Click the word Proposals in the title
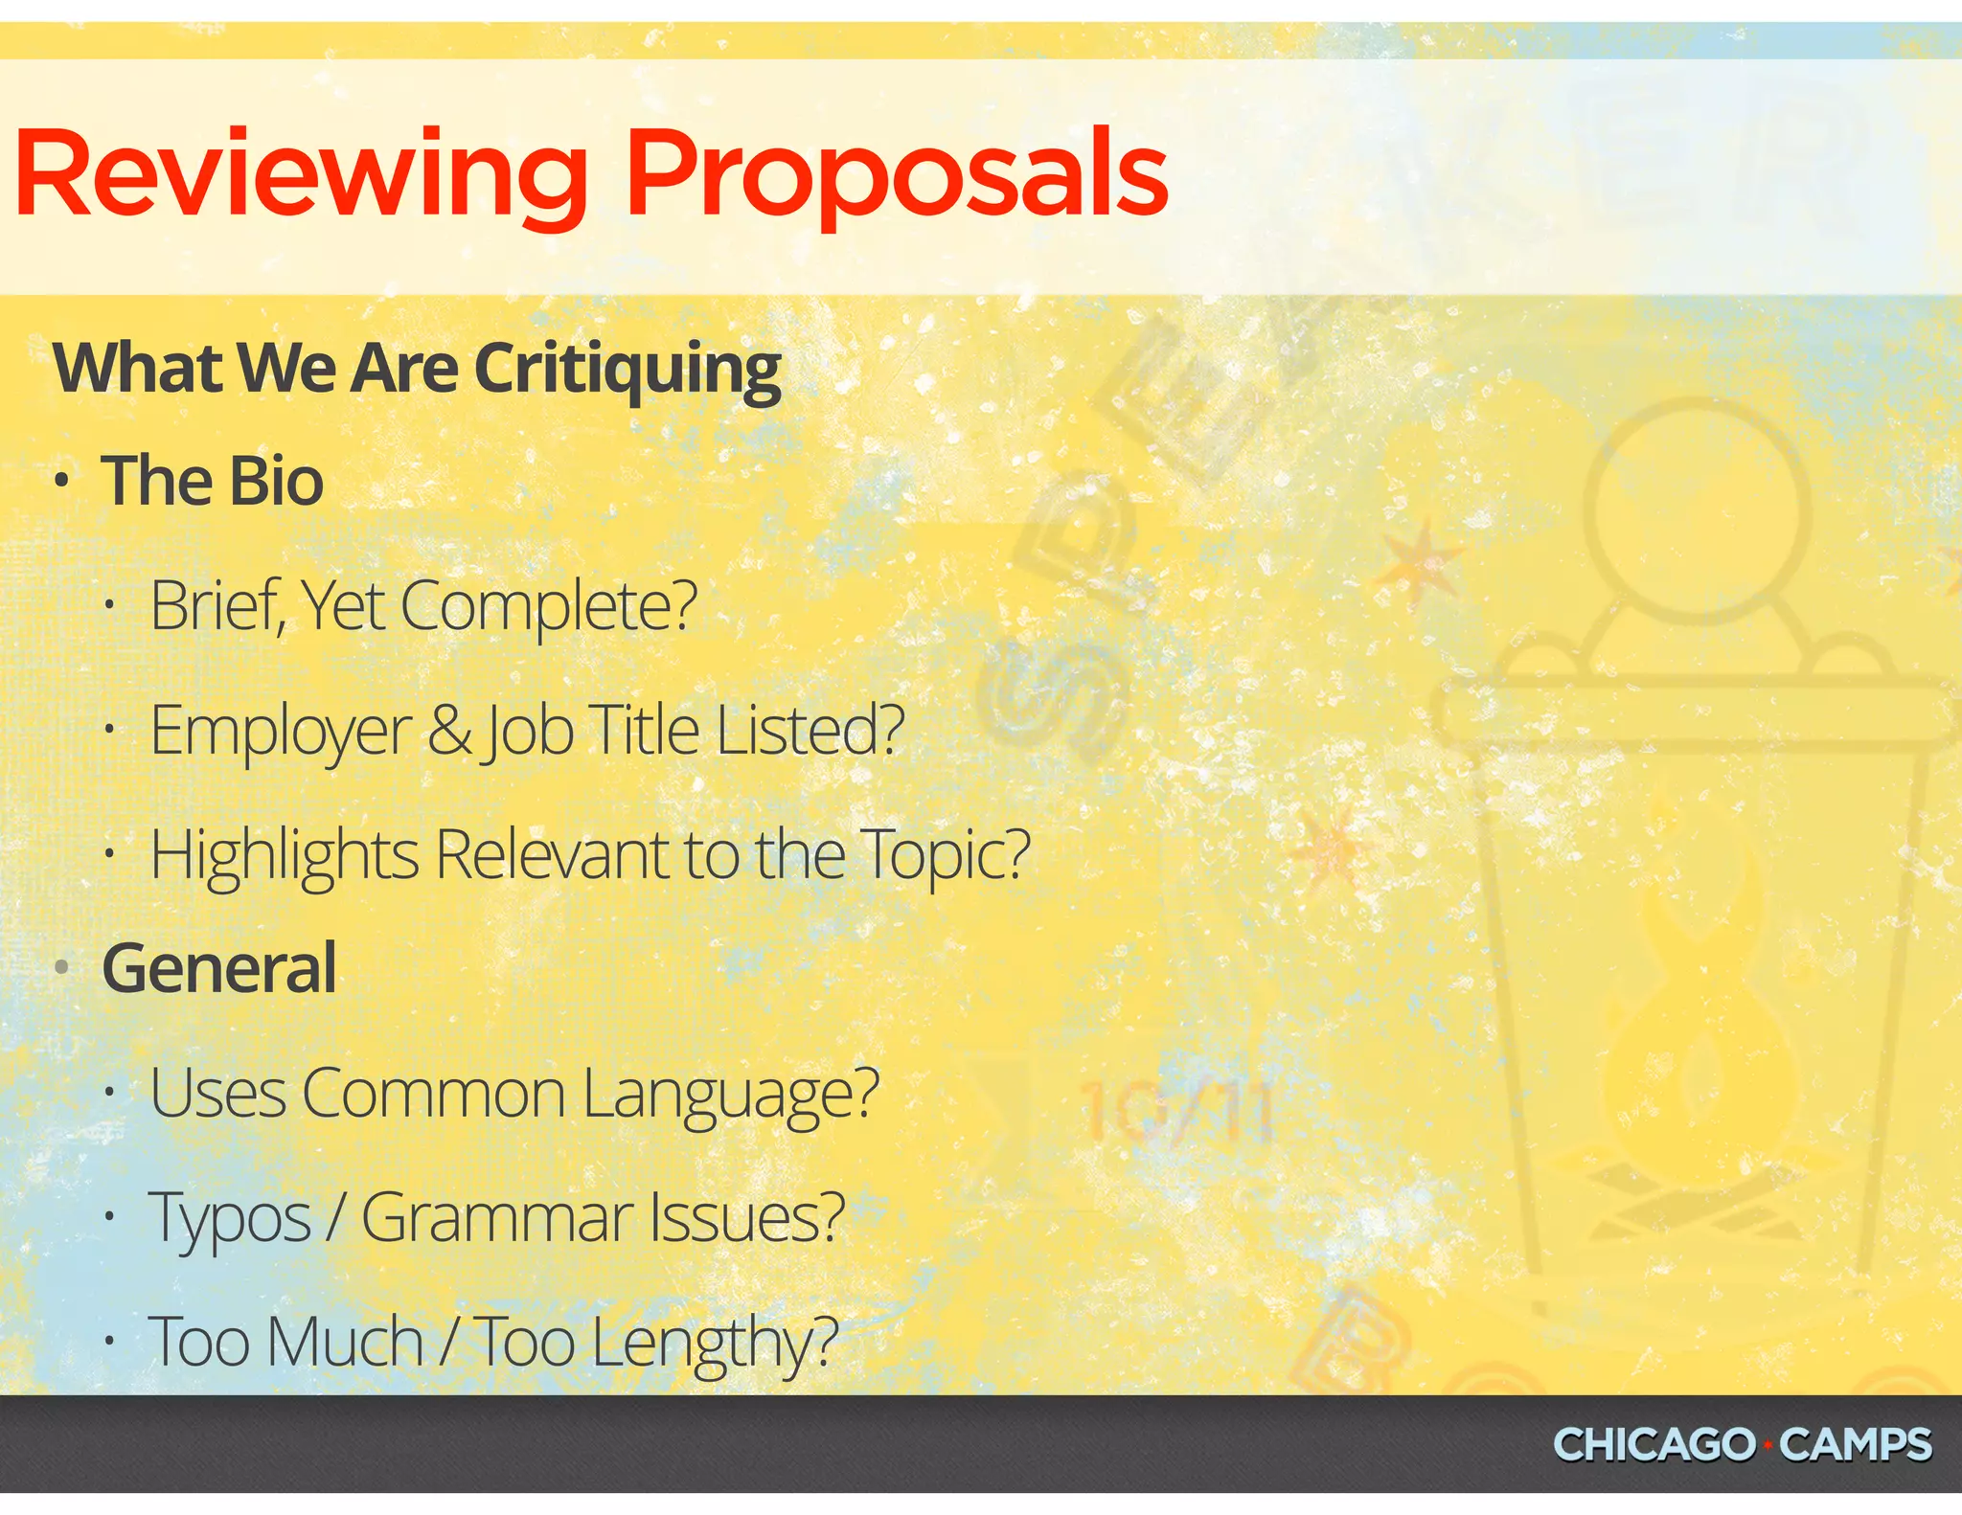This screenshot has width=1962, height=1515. click(896, 176)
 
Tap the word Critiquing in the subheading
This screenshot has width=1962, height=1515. click(627, 371)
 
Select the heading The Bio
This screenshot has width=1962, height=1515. click(213, 481)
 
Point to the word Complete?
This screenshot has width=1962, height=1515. click(549, 607)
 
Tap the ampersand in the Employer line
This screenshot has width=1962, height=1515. click(450, 731)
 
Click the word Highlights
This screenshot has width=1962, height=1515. click(285, 855)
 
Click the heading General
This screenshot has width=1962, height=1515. click(219, 968)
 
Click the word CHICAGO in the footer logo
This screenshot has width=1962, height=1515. click(1653, 1445)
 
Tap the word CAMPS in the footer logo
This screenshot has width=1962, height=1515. click(1856, 1445)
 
